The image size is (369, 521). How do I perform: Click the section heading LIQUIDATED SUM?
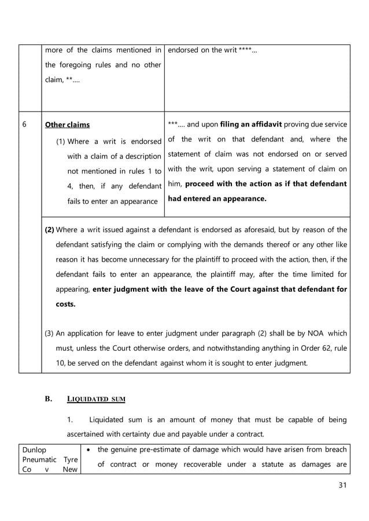click(96, 399)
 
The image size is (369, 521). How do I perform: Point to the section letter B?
click(49, 399)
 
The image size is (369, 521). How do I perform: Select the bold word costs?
click(65, 304)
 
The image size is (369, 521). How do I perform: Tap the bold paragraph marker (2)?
click(50, 229)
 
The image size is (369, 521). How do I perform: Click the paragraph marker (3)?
click(50, 333)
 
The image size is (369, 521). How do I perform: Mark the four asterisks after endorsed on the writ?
click(248, 50)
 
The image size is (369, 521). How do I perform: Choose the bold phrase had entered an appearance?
click(217, 199)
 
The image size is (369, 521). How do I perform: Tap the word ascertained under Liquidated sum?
click(92, 434)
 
